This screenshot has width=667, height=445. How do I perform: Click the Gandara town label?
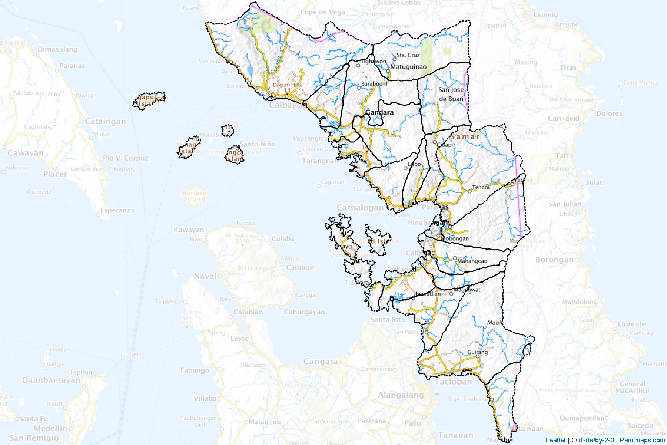point(379,112)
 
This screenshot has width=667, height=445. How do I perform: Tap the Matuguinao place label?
point(408,67)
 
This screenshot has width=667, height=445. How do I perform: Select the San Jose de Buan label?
point(451,94)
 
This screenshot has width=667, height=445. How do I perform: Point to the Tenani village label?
point(481,188)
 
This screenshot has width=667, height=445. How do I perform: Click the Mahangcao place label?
point(472,261)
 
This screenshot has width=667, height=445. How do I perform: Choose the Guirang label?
point(477,352)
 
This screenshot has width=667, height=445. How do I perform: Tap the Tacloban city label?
point(453,382)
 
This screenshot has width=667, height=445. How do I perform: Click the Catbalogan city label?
point(360,208)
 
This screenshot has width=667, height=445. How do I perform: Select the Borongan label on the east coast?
point(554,260)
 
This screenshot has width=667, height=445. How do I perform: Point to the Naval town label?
point(205,276)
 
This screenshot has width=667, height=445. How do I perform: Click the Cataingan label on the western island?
point(105,122)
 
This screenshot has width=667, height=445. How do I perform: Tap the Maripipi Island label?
point(195,196)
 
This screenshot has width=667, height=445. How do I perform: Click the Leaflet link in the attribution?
point(555,440)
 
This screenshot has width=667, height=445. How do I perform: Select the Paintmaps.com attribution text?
point(642,440)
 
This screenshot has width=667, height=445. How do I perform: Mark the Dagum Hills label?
point(287,85)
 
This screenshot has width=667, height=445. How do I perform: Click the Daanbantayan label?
point(51,380)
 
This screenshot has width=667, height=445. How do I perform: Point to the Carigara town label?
point(320,361)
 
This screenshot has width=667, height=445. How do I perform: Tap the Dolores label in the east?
point(609,113)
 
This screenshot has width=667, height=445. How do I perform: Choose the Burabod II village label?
point(374,84)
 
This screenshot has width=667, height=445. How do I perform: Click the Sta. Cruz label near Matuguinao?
point(408,55)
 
